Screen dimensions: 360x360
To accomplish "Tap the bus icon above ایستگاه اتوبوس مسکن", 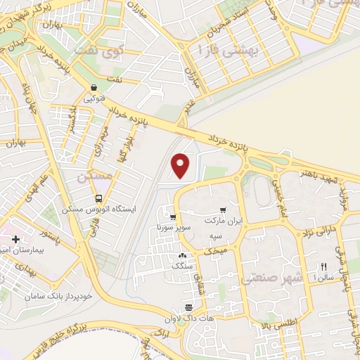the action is [x=99, y=198].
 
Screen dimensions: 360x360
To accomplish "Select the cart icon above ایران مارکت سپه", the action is [x=223, y=210].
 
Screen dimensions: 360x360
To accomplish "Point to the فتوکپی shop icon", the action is [x=94, y=87].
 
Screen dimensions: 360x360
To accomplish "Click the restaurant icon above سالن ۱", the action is [x=324, y=266].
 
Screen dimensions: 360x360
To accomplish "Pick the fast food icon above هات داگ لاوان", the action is [x=188, y=308].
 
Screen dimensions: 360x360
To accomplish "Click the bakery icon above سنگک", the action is [x=183, y=257].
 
